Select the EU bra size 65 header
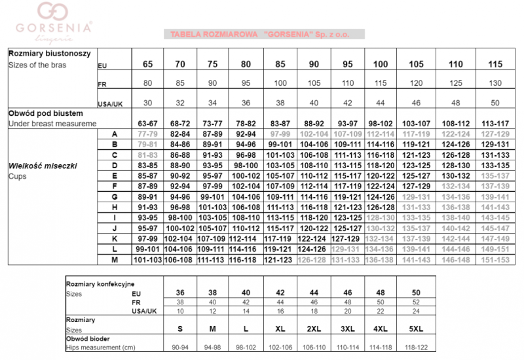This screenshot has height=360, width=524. (147, 63)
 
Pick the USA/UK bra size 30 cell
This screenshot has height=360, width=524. (147, 103)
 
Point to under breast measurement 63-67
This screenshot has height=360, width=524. (147, 122)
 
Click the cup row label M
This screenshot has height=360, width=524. (114, 259)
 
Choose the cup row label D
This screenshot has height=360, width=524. (114, 165)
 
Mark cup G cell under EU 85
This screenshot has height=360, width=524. (280, 196)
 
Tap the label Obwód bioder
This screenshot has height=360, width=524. (88, 338)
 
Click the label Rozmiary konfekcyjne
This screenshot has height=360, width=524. (98, 285)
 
